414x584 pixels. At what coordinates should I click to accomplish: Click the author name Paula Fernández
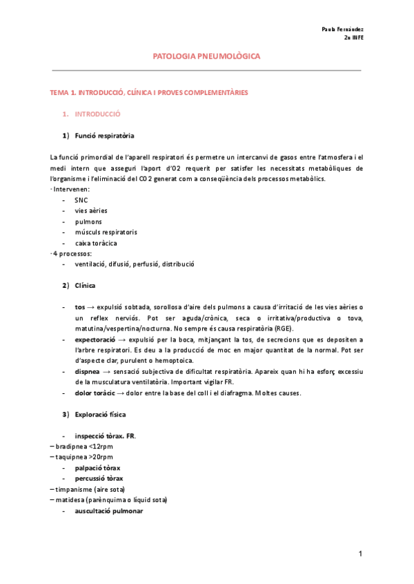[343, 30]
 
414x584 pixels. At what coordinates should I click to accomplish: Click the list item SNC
[81, 200]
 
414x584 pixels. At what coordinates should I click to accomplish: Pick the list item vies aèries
[91, 211]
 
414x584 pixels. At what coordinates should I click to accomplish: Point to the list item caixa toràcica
[96, 243]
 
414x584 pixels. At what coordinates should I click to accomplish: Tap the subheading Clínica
[86, 285]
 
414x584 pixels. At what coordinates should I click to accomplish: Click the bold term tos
[80, 307]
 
